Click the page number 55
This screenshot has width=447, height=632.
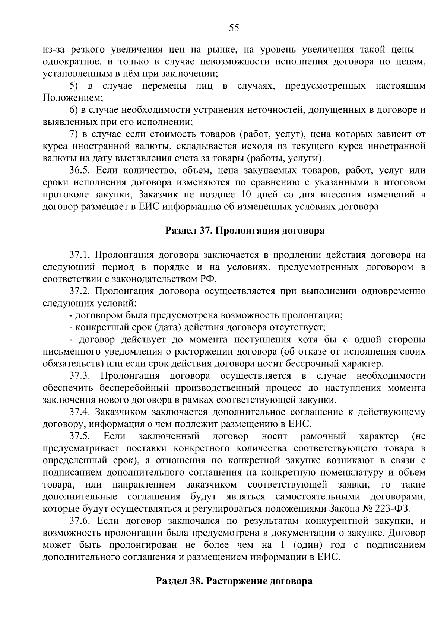point(234,28)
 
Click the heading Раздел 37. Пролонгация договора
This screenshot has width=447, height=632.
point(245,231)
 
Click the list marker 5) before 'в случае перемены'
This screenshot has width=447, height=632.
point(74,86)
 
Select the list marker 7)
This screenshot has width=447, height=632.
point(74,134)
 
